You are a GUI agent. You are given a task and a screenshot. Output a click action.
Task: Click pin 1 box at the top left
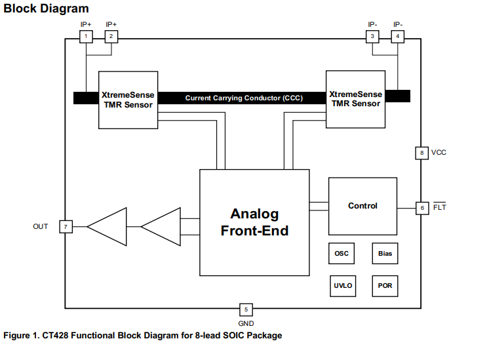pos(86,36)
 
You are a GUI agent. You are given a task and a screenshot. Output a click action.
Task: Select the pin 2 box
pos(111,36)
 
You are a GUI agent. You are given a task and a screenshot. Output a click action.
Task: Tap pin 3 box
pos(372,36)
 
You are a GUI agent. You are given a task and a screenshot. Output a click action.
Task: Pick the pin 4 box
pos(397,36)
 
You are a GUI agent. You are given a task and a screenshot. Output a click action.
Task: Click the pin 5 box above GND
pos(245,309)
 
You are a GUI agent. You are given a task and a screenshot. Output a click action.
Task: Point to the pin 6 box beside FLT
pos(422,208)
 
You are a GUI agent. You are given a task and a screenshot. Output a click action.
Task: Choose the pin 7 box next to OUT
pos(65,227)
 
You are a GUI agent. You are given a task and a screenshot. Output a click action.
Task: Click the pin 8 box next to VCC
pos(422,153)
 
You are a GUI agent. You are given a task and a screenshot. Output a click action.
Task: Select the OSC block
pos(342,253)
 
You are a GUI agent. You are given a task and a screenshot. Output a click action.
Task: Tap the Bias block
pos(385,253)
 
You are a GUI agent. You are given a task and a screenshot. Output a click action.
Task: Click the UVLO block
pos(342,286)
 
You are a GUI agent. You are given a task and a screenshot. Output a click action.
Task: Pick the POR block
pos(385,286)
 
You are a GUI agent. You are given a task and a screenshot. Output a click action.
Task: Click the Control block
pos(362,206)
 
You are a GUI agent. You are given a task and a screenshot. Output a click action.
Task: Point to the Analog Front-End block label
pos(254,222)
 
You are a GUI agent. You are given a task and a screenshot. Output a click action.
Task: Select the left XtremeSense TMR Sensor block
pos(128,100)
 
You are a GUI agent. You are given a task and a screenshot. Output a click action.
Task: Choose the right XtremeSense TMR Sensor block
pos(355,99)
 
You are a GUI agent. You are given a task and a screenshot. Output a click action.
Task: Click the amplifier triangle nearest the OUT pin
pos(106,227)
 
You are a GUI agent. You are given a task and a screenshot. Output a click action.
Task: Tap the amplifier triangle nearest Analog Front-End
pos(161,227)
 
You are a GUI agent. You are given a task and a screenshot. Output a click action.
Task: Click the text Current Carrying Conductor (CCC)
pos(244,98)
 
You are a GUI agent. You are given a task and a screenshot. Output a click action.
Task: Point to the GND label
pos(246,323)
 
